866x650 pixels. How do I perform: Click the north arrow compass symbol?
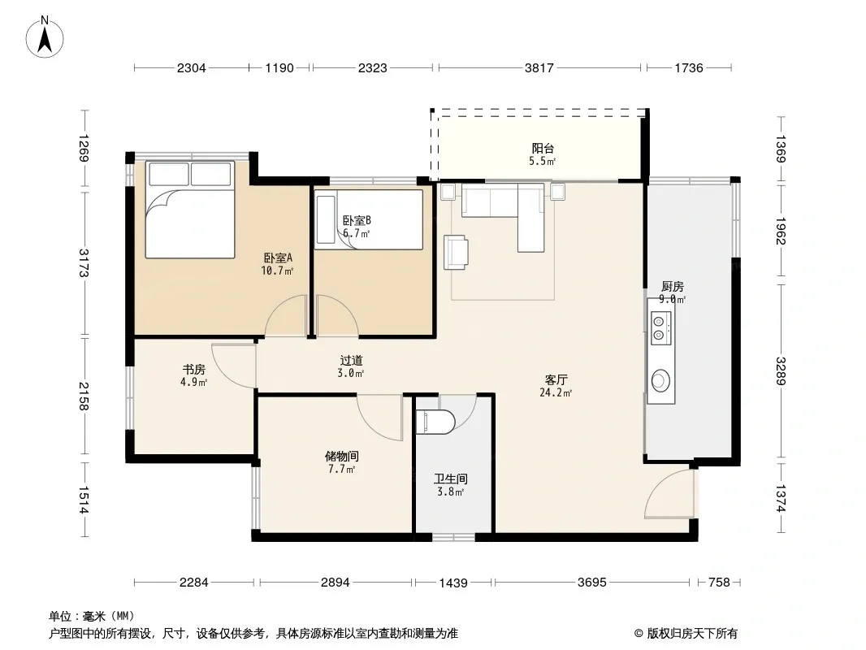pyautogui.click(x=45, y=37)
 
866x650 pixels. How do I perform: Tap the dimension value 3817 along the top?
pyautogui.click(x=539, y=68)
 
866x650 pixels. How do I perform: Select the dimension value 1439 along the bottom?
pyautogui.click(x=452, y=583)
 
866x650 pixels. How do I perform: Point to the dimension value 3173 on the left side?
pyautogui.click(x=84, y=263)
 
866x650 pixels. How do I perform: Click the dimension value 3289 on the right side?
pyautogui.click(x=781, y=371)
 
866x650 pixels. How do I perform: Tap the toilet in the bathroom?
pyautogui.click(x=435, y=422)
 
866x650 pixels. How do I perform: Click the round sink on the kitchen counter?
pyautogui.click(x=660, y=380)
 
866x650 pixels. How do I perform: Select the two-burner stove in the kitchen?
pyautogui.click(x=660, y=328)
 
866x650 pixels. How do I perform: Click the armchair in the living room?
pyautogui.click(x=457, y=253)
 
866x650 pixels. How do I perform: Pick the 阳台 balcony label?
pyautogui.click(x=543, y=148)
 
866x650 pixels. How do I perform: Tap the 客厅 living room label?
pyautogui.click(x=556, y=380)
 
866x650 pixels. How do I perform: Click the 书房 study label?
pyautogui.click(x=194, y=369)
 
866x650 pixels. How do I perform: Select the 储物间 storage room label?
pyautogui.click(x=341, y=456)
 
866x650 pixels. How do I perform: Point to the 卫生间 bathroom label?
pyautogui.click(x=451, y=479)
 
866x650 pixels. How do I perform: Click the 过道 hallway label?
pyautogui.click(x=351, y=361)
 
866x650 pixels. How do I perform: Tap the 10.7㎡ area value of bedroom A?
pyautogui.click(x=277, y=271)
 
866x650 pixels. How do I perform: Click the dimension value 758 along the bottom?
pyautogui.click(x=719, y=582)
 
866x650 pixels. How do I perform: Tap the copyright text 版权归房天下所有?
pyautogui.click(x=692, y=634)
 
